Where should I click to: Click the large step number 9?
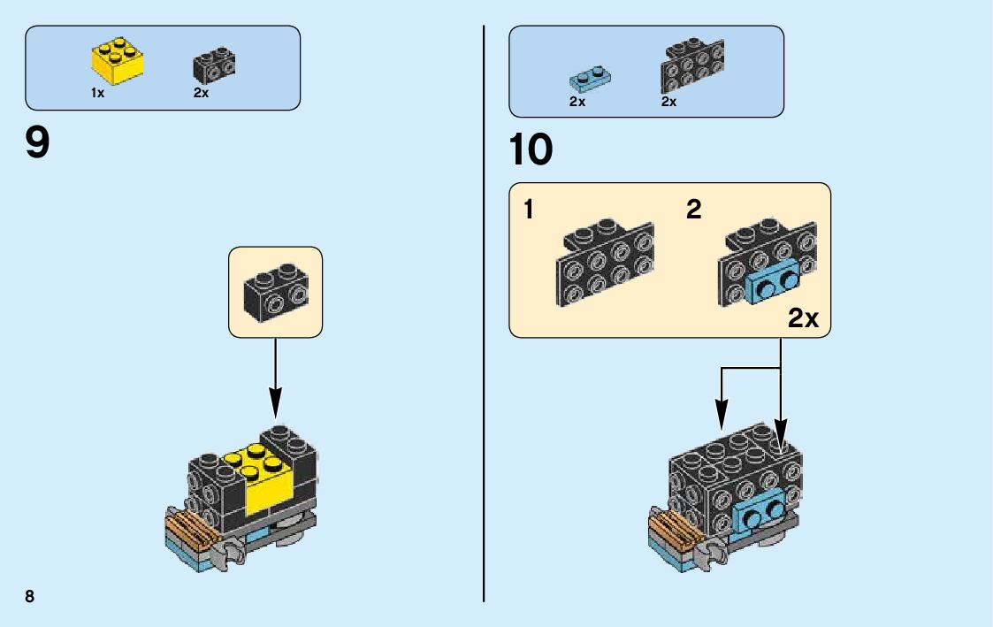[38, 143]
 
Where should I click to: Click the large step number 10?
[531, 150]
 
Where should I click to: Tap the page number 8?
[30, 596]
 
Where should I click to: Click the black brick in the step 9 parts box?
[213, 65]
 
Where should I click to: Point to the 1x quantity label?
[97, 94]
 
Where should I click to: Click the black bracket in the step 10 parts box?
[691, 65]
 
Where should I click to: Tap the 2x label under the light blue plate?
[577, 102]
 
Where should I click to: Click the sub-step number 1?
[528, 210]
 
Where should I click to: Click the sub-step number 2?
[694, 210]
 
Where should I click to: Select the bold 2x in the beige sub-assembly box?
[803, 318]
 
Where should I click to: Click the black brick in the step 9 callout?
[275, 292]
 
